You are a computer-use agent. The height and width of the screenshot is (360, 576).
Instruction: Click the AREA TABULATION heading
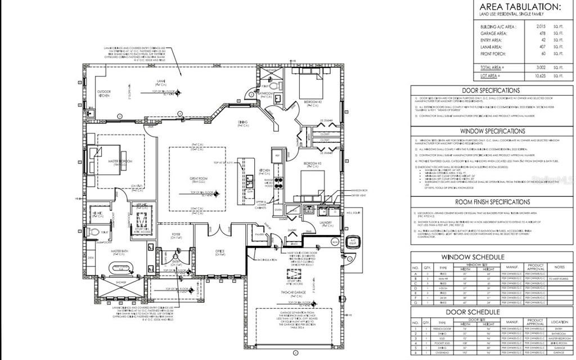(520, 7)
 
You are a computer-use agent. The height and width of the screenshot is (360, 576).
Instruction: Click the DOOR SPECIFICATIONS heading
(491, 91)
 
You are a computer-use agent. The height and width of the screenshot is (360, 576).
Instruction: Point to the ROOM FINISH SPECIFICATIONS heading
(490, 201)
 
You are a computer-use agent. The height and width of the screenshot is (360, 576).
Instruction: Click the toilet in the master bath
(96, 232)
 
